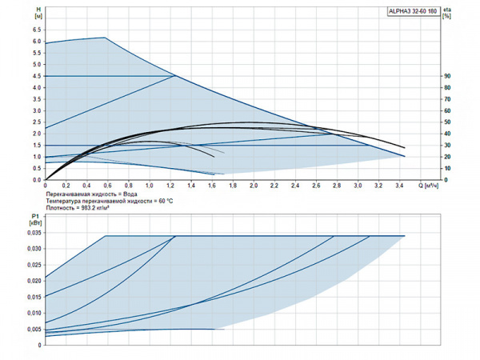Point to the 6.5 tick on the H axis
pos(36,30)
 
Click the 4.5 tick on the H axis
pos(36,76)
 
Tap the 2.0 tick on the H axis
pos(36,134)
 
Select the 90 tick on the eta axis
pos(447,76)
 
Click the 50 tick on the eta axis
pos(447,122)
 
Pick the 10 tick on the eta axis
pos(447,168)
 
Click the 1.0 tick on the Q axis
pos(149,186)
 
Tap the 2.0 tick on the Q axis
pos(254,186)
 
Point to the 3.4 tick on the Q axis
pos(399,186)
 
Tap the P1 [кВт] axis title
pos(35,220)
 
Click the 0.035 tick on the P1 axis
pos(33,233)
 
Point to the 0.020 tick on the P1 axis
pos(33,281)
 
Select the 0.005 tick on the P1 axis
pos(33,329)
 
